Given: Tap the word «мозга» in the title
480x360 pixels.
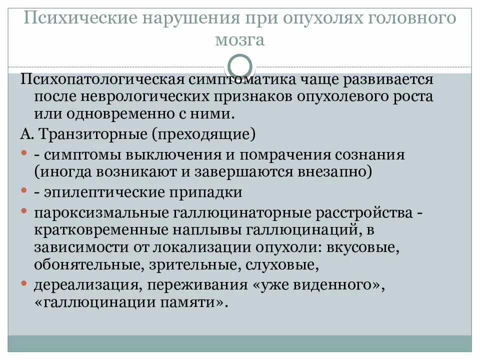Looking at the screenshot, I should point(239,39).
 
